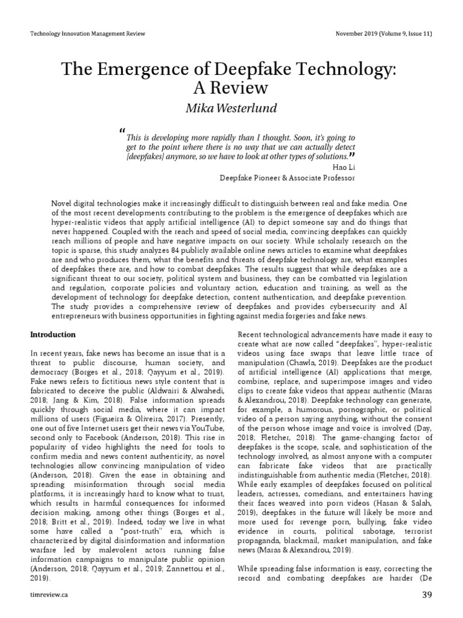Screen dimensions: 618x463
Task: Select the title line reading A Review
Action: pos(231,88)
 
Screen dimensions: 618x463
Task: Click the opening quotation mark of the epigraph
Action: pos(122,132)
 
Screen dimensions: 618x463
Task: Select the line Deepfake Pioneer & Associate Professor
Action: pos(287,178)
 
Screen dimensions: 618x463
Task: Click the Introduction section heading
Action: pos(53,334)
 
